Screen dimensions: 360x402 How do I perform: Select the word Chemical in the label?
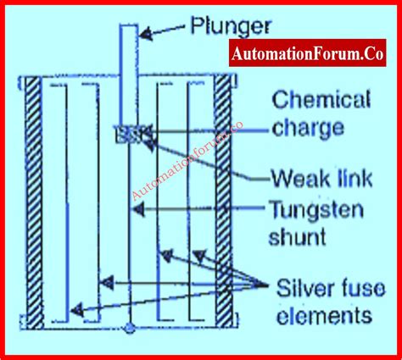click(321, 102)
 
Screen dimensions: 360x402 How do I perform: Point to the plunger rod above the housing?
click(126, 51)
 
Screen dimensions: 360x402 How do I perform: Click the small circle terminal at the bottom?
click(129, 327)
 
